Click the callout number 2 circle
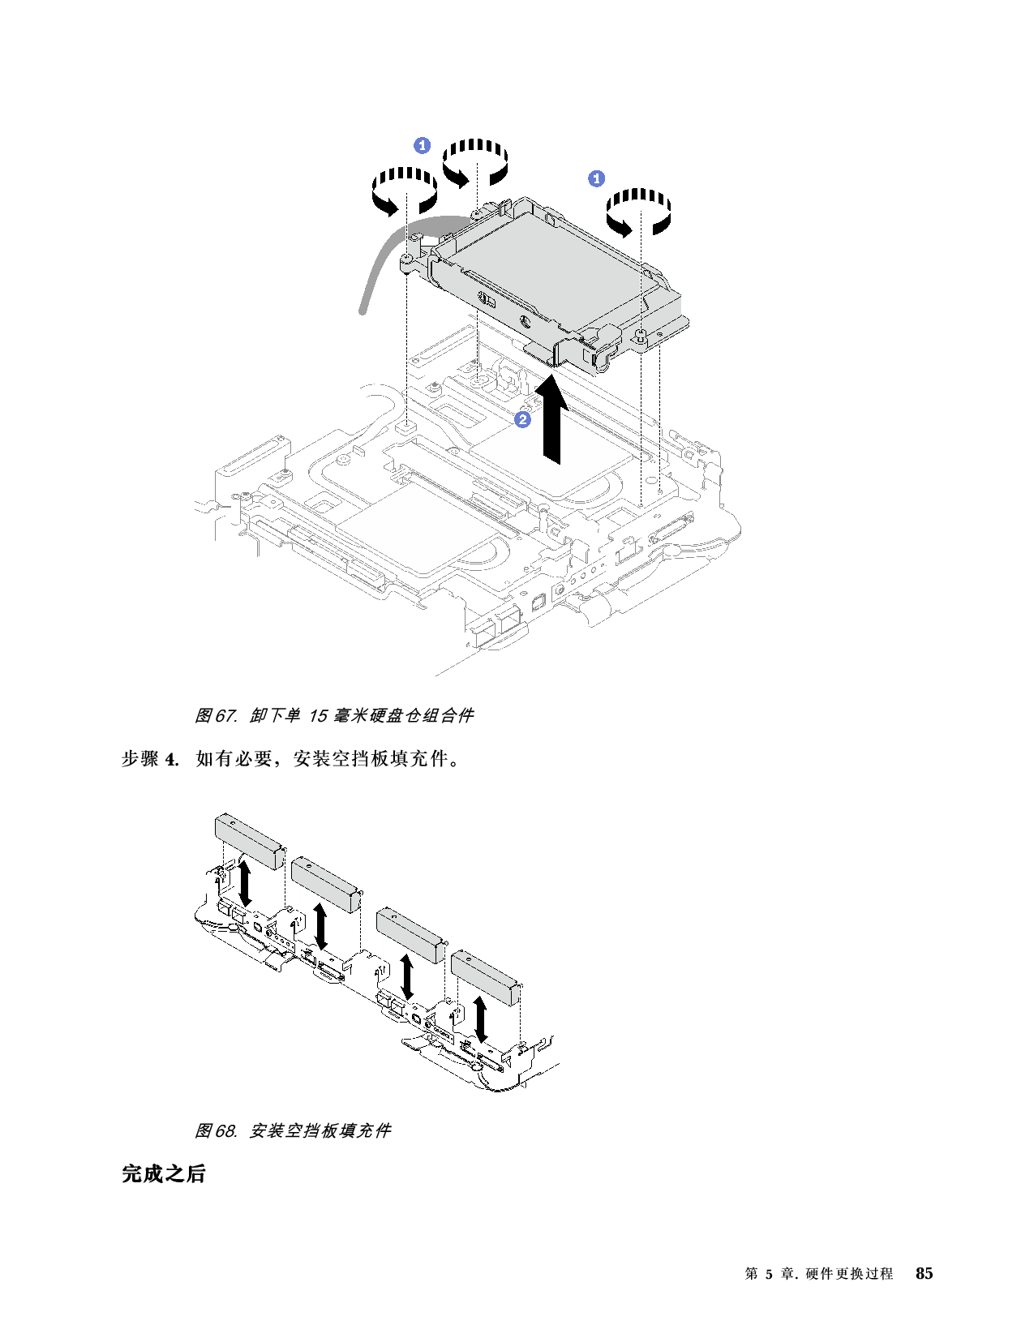pos(523,419)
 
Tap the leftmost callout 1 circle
pos(423,145)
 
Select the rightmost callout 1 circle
pos(596,178)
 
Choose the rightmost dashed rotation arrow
pos(641,211)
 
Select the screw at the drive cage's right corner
pos(641,335)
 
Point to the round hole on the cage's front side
pos(523,320)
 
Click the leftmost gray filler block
pos(247,842)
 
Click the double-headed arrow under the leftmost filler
pos(244,883)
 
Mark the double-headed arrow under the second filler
pos(322,927)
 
